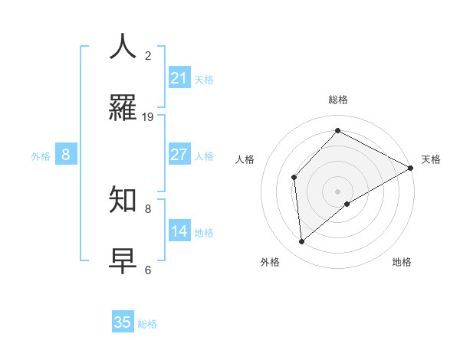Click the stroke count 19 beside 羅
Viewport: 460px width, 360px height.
tap(148, 116)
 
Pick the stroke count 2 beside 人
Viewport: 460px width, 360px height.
tap(148, 56)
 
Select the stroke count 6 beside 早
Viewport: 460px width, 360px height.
tap(148, 270)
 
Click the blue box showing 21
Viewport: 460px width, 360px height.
tap(179, 78)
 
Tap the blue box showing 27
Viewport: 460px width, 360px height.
tap(179, 155)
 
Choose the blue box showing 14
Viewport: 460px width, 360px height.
tap(179, 231)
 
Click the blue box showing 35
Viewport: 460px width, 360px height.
tap(123, 322)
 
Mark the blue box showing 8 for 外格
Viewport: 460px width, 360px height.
tap(66, 155)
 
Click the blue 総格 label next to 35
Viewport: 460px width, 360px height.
tap(148, 324)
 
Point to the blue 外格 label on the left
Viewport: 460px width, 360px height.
tap(41, 156)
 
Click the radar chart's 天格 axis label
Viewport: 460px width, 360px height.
tap(431, 159)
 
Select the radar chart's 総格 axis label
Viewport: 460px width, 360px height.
tap(338, 100)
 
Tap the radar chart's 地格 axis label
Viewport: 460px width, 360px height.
tap(402, 262)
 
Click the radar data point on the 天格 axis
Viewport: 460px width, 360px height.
tap(411, 168)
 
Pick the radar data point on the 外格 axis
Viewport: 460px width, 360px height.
tap(302, 242)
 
